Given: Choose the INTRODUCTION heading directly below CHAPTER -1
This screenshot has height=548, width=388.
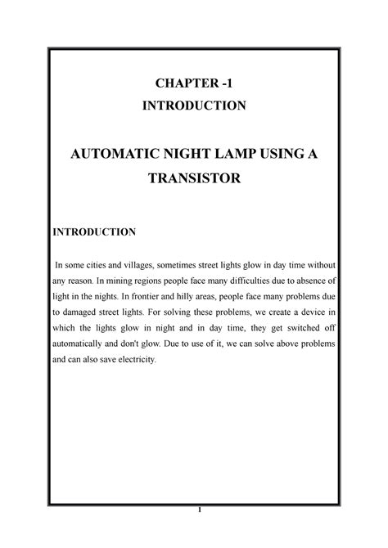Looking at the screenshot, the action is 194,106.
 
